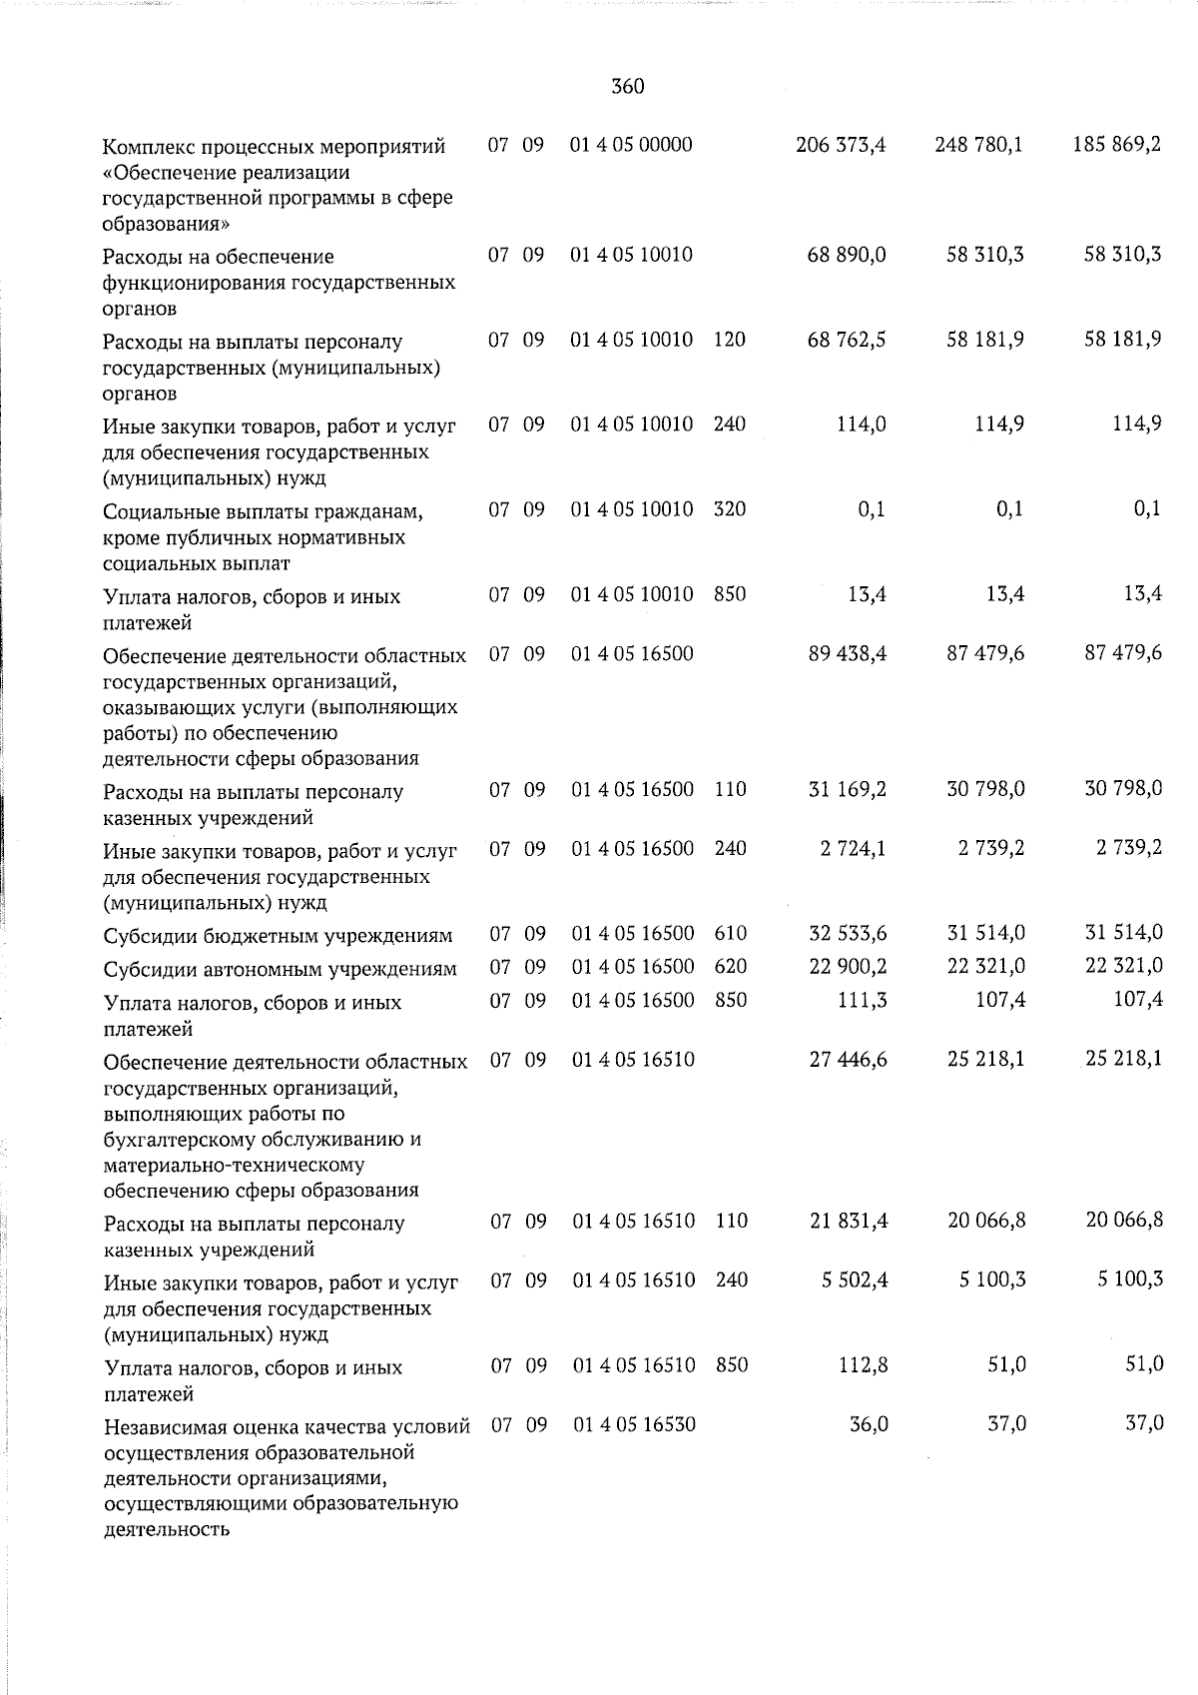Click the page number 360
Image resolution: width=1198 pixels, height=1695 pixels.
tap(627, 87)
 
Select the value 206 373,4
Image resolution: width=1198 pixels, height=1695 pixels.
tap(841, 145)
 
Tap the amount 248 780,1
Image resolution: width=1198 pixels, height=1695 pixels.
tap(978, 145)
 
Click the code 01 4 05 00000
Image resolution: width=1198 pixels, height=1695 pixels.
tap(631, 145)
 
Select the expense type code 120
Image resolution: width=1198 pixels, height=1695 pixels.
tap(730, 340)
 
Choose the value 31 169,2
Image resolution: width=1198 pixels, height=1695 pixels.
tap(847, 789)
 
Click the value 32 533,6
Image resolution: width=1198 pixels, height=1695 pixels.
tap(847, 934)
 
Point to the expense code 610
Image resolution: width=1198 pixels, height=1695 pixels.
tap(731, 934)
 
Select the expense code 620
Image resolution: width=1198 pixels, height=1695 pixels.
tap(731, 967)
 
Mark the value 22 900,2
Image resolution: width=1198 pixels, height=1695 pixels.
tap(847, 967)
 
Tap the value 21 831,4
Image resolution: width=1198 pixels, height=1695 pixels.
tap(848, 1221)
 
